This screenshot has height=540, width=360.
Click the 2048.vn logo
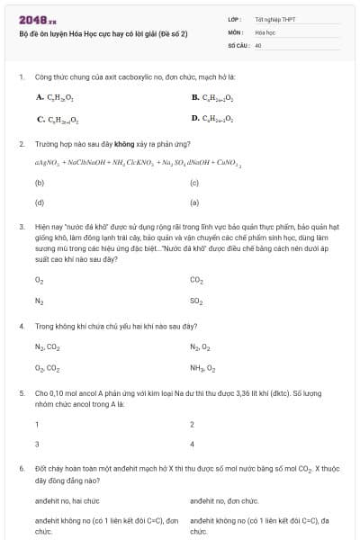pyautogui.click(x=31, y=20)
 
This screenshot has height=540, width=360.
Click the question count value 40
pyautogui.click(x=258, y=44)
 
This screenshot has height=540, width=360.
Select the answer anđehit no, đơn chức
pyautogui.click(x=224, y=500)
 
